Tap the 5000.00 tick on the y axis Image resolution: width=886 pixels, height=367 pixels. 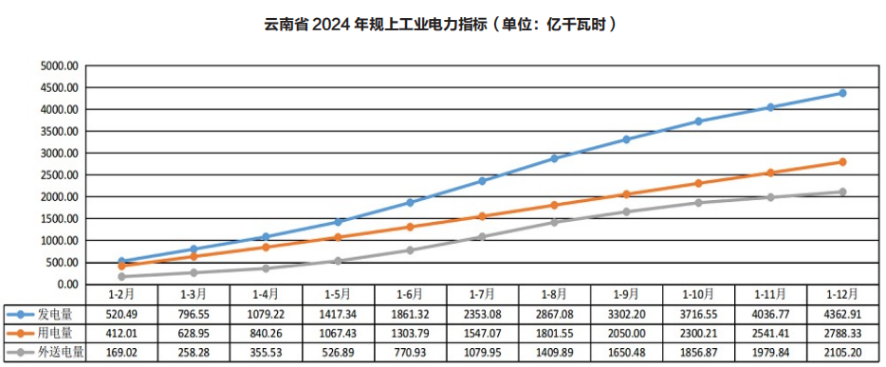(58, 66)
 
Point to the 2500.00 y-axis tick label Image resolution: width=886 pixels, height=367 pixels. (58, 175)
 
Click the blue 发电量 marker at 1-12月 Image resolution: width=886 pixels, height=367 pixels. (841, 93)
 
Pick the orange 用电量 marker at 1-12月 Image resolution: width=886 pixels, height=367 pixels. (841, 162)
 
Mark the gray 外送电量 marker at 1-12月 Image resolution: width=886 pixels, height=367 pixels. (841, 193)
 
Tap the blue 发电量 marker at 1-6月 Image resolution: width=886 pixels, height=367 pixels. (410, 203)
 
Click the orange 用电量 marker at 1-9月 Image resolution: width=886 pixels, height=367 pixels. (626, 194)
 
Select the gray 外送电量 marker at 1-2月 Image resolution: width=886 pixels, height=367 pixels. (122, 277)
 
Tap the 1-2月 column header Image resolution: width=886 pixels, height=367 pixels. (122, 294)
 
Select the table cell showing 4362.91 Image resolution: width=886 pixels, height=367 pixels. (841, 313)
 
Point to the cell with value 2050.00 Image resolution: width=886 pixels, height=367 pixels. (626, 333)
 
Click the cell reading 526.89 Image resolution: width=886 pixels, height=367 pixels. (339, 353)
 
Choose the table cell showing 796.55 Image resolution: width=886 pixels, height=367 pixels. (194, 313)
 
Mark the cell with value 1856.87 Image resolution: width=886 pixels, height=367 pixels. (698, 353)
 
